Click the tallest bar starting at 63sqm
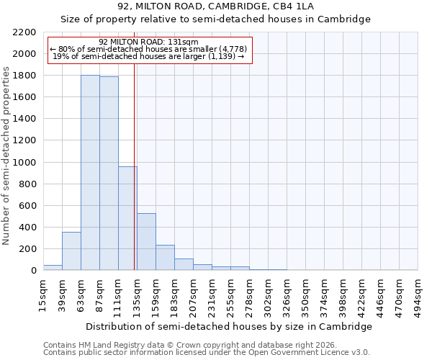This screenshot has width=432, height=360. click(90, 173)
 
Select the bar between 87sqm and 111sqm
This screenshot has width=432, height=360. click(109, 174)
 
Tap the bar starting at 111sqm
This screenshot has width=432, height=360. click(127, 218)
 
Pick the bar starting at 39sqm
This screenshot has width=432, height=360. click(71, 251)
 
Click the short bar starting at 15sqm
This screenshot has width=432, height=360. click(53, 268)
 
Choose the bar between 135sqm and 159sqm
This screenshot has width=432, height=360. click(146, 242)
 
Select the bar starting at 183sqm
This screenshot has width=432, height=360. click(184, 264)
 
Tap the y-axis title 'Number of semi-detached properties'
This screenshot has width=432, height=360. click(7, 156)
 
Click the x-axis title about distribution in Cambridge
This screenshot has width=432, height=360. click(230, 326)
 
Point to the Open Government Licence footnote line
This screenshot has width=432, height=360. click(207, 352)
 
